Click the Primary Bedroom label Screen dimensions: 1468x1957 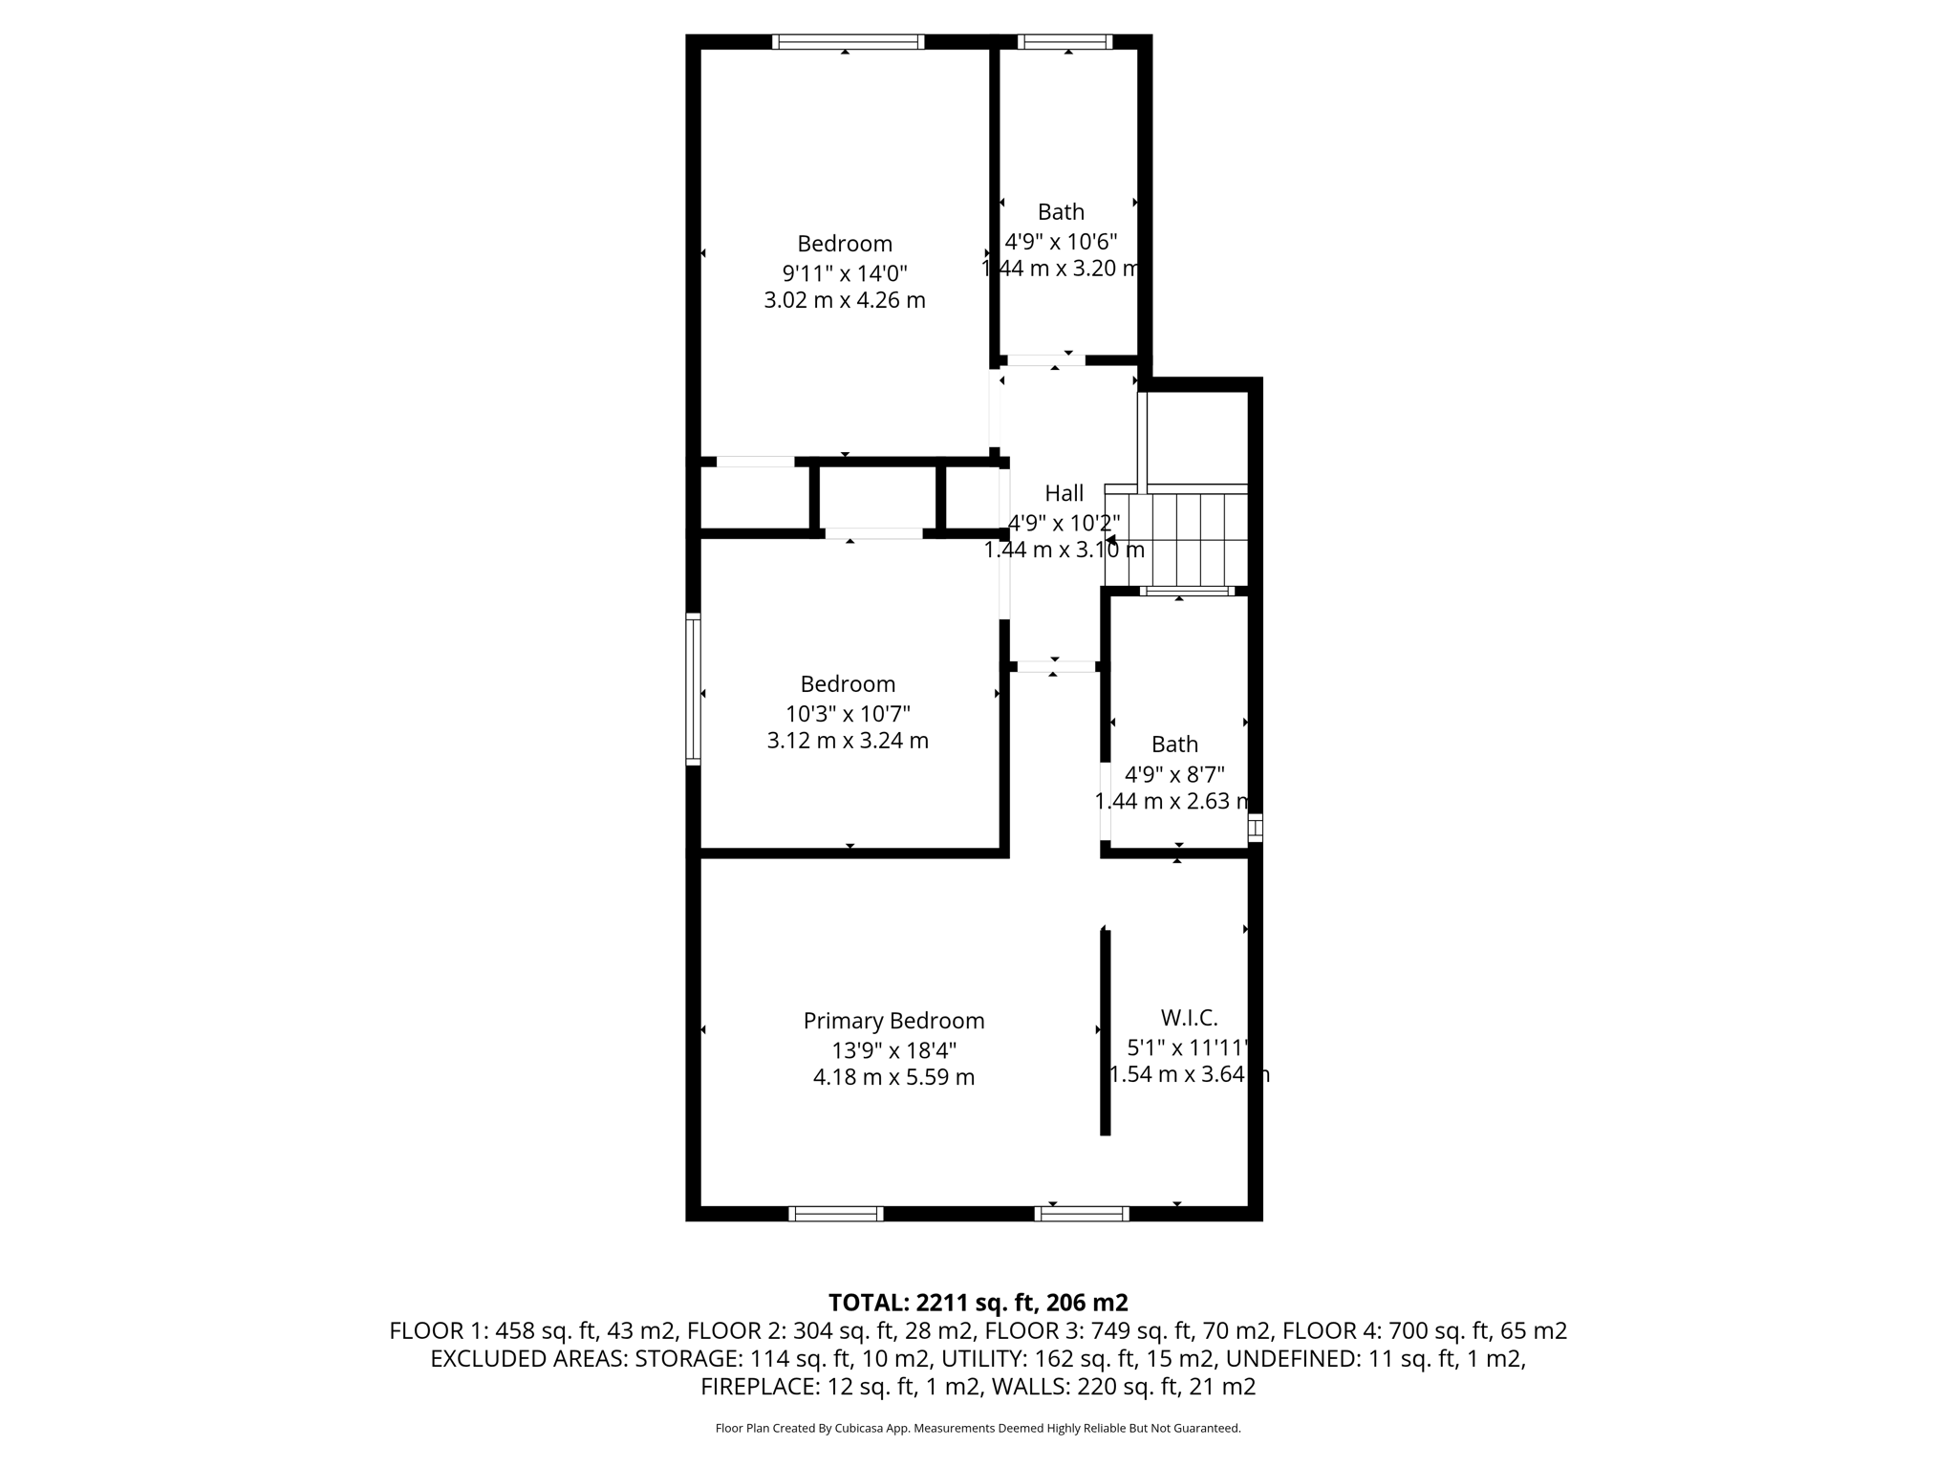click(x=893, y=1021)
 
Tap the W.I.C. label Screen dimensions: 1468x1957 click(x=1189, y=1018)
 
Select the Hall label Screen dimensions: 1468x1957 click(x=1064, y=493)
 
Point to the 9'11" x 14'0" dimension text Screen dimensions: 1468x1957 click(x=845, y=272)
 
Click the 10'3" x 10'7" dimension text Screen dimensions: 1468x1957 click(x=848, y=713)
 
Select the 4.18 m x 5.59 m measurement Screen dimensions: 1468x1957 click(x=893, y=1077)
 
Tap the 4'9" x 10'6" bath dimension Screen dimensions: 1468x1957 click(x=1061, y=241)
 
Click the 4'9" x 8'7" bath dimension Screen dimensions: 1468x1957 click(x=1174, y=773)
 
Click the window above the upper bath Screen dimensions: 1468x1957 click(x=1065, y=42)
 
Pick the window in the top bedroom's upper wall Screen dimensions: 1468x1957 click(x=848, y=42)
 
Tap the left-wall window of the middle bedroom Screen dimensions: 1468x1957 click(x=694, y=688)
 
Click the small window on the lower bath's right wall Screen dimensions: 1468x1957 click(x=1256, y=828)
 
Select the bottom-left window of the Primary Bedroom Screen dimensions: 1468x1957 click(x=835, y=1214)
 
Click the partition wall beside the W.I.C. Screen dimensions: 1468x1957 click(x=1106, y=1032)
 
